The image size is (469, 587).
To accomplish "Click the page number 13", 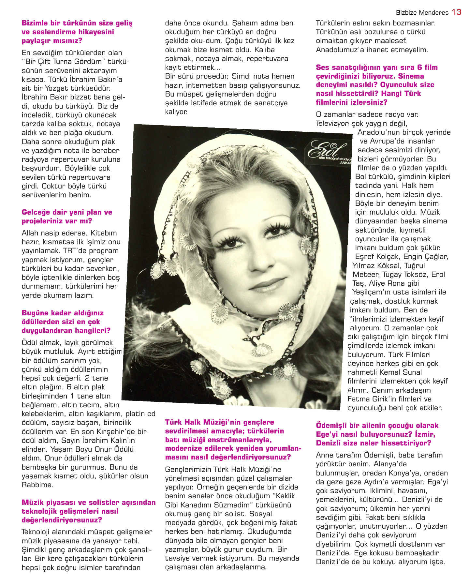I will pos(456,12).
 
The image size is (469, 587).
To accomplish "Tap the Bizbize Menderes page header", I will pos(422,13).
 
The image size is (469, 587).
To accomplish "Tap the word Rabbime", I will pos(37,485).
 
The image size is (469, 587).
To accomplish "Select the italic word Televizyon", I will pos(332,124).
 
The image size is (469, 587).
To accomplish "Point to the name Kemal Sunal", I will pos(401,372).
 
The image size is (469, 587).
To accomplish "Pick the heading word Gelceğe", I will pos(36,212).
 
